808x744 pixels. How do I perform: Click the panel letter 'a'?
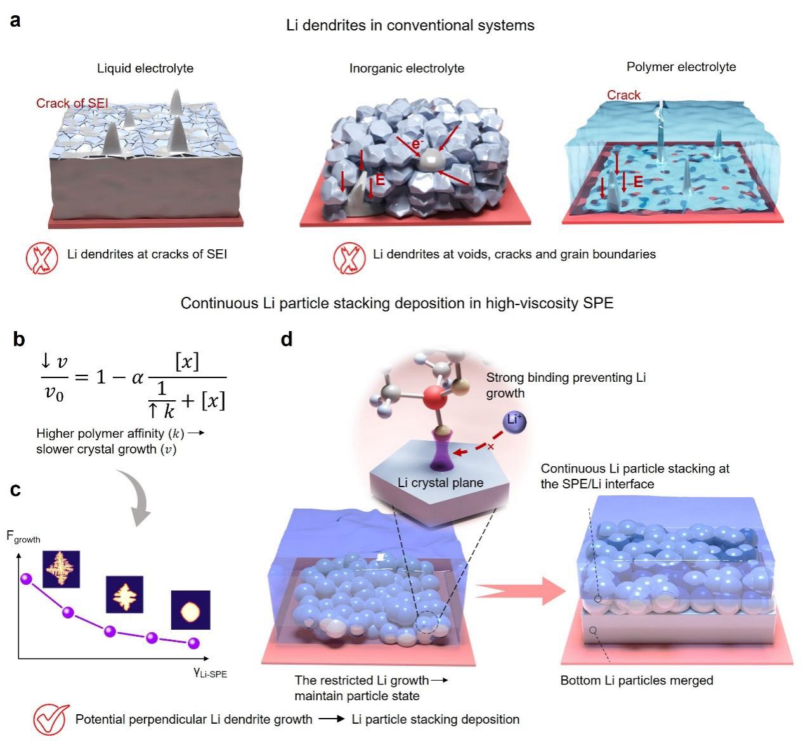pyautogui.click(x=15, y=21)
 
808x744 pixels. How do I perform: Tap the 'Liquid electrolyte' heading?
pyautogui.click(x=145, y=68)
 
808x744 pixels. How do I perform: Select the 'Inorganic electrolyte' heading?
pyautogui.click(x=407, y=68)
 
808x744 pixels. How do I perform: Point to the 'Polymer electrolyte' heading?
pyautogui.click(x=681, y=67)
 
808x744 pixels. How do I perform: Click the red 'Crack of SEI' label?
pyautogui.click(x=72, y=103)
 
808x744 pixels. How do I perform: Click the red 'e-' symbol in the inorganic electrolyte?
pyautogui.click(x=417, y=144)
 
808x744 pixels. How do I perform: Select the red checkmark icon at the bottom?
pyautogui.click(x=51, y=719)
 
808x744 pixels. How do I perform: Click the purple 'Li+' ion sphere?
pyautogui.click(x=515, y=420)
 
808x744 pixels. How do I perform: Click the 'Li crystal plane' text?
pyautogui.click(x=440, y=483)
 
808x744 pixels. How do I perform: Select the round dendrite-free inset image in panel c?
pyautogui.click(x=190, y=610)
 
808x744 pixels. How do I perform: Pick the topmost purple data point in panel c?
pyautogui.click(x=26, y=578)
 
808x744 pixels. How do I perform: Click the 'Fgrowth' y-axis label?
pyautogui.click(x=23, y=537)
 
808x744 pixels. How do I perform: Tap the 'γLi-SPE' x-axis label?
pyautogui.click(x=210, y=673)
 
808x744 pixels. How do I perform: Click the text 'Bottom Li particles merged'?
pyautogui.click(x=636, y=681)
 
